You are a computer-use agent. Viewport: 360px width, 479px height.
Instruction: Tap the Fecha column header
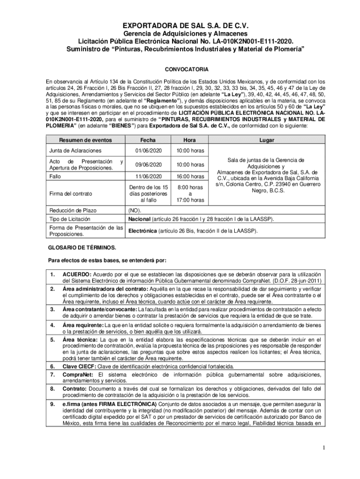coord(148,140)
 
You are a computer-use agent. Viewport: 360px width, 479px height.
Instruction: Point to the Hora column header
coord(190,140)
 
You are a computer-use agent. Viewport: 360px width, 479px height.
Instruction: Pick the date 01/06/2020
coord(148,151)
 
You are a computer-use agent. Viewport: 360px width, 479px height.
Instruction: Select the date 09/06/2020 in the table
coord(148,165)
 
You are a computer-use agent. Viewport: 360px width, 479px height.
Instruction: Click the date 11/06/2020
coord(148,177)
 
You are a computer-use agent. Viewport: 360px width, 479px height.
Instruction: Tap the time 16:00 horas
coord(190,177)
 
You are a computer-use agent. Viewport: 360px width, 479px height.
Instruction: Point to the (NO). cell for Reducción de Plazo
coord(135,210)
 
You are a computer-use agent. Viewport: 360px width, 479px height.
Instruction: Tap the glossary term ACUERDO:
coord(77,274)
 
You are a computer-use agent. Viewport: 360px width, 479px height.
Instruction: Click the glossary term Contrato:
coord(74,389)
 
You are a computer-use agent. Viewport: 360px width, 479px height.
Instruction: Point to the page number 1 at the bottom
coord(322,449)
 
